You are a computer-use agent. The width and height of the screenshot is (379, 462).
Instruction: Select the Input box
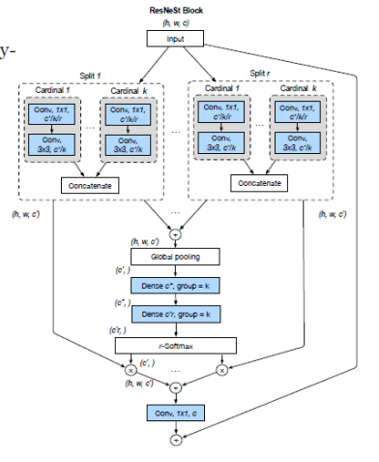pos(175,39)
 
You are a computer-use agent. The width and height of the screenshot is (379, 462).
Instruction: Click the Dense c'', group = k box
pos(175,286)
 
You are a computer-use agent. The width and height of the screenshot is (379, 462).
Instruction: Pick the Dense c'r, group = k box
pos(175,315)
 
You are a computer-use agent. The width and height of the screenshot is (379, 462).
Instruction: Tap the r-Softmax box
pos(175,345)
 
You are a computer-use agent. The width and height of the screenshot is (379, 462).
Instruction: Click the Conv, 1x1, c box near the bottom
pos(175,415)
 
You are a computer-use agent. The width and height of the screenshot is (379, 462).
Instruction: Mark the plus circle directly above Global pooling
pos(175,233)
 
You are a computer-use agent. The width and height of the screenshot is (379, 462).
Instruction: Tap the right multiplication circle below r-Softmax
pos(222,368)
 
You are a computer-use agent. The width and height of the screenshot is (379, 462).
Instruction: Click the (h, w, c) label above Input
pos(177,19)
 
